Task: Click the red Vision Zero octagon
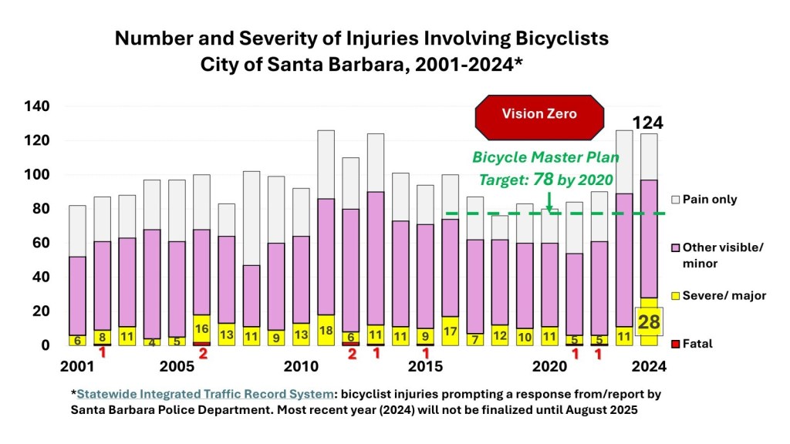pos(539,114)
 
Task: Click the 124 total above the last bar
pos(647,123)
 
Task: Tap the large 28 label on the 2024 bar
pos(648,321)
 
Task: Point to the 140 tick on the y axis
pos(36,106)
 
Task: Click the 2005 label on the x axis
pos(177,365)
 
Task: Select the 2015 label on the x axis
pos(424,365)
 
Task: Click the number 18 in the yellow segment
pos(326,329)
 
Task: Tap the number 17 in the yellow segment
pos(450,331)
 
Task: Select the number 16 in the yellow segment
pos(201,328)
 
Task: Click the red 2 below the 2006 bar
pos(203,355)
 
